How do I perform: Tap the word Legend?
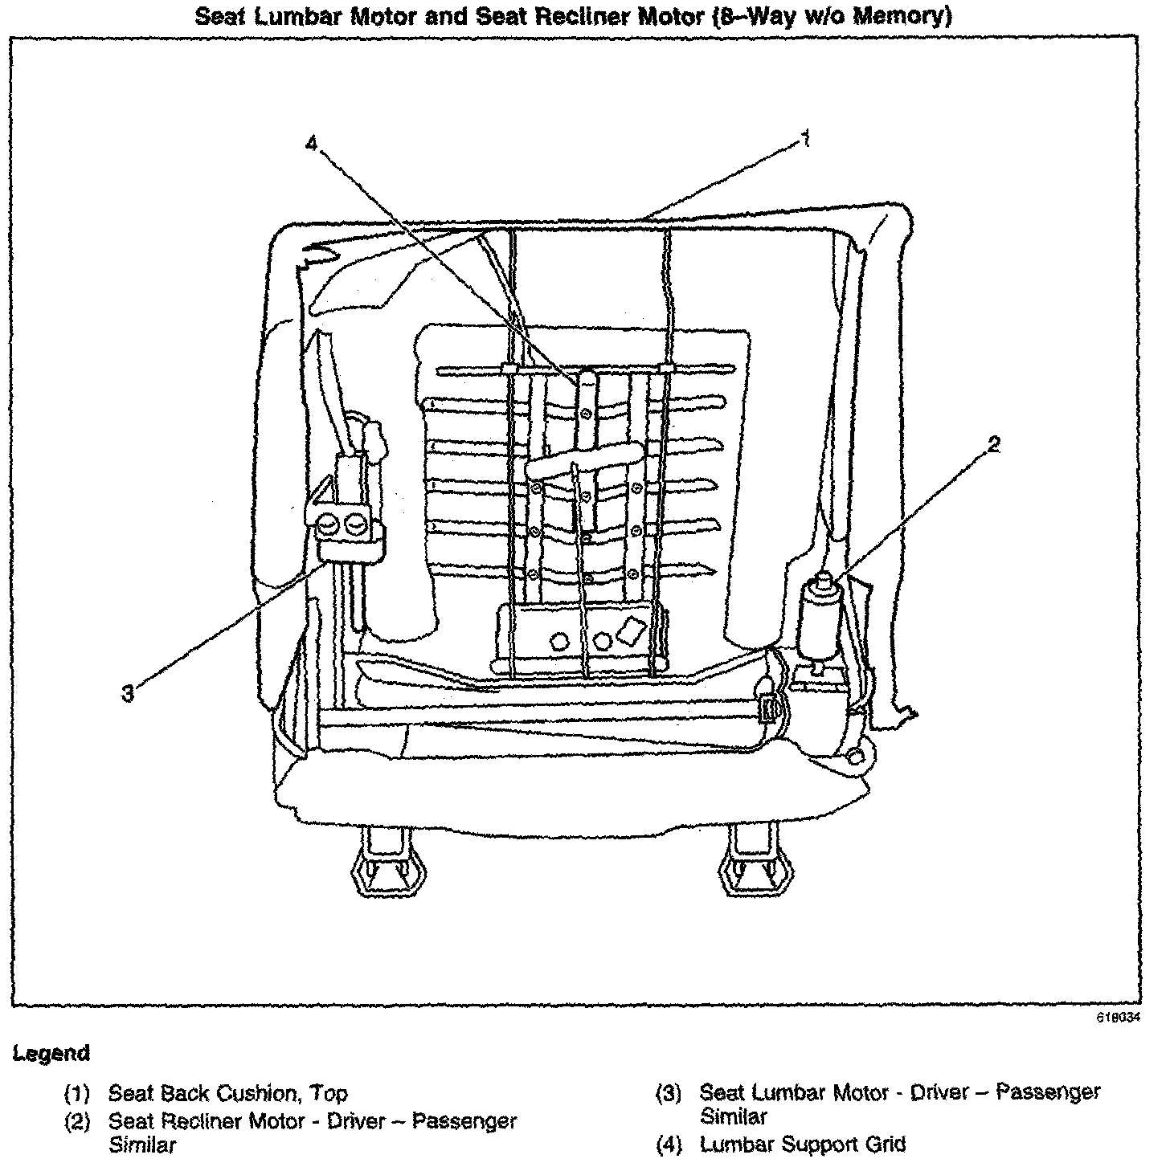pos(50,1053)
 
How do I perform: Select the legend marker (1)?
pos(77,1094)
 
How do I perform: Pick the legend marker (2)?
pos(77,1120)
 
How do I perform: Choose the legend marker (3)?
pos(669,1093)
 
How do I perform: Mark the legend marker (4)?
pos(669,1144)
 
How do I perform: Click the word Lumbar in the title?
pos(295,16)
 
